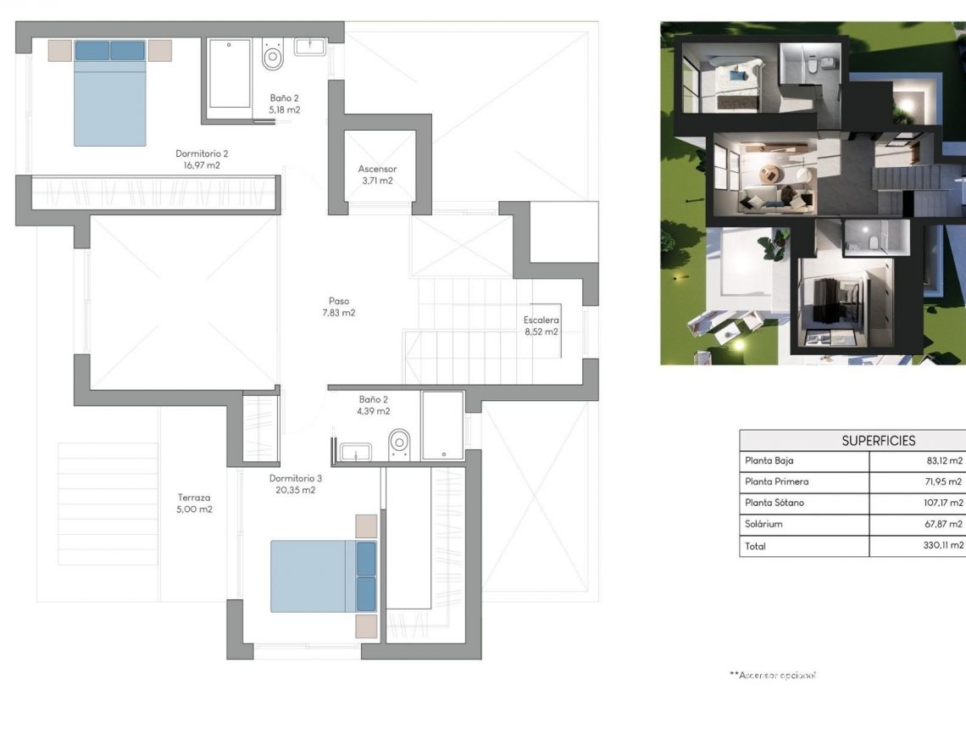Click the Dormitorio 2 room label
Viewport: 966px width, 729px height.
click(202, 154)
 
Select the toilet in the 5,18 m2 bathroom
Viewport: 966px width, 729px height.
click(273, 57)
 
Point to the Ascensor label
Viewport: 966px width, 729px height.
click(377, 170)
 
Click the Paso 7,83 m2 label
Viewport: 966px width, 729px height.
click(339, 301)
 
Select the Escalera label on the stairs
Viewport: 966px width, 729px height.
click(541, 320)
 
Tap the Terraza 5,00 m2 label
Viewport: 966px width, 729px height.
click(194, 498)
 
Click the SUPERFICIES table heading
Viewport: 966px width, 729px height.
click(878, 441)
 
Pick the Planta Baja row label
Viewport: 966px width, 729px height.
click(769, 461)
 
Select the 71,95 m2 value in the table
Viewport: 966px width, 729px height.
click(944, 482)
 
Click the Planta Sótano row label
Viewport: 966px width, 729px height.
click(774, 504)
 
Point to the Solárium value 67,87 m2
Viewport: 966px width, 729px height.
click(944, 525)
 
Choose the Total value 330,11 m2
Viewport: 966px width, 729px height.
click(942, 546)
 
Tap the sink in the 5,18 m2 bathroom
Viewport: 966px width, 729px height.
click(310, 46)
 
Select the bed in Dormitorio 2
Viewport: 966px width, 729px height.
click(109, 93)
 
